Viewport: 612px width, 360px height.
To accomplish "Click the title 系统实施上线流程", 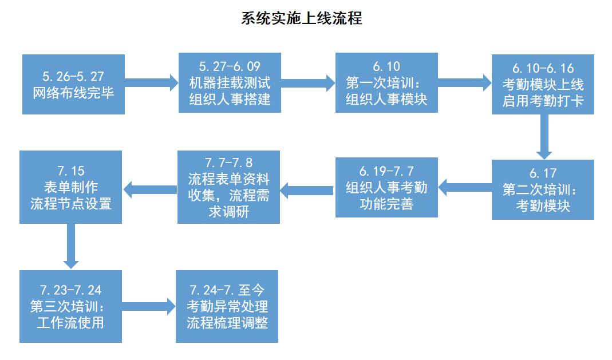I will click(302, 18).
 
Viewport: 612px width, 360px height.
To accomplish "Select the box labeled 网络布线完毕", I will click(74, 84).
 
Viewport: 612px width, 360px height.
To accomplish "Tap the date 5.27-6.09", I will click(229, 66).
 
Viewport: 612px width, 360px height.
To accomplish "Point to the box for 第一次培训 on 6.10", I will click(386, 82).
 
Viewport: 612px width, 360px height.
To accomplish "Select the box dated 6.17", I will click(543, 189).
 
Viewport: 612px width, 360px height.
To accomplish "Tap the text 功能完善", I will click(386, 204).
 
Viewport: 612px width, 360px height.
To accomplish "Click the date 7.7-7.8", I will click(228, 162).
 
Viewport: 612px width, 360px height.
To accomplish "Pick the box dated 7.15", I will click(70, 187).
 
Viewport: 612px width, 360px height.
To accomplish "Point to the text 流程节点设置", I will click(70, 204).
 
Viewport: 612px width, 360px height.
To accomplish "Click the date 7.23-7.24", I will click(70, 290).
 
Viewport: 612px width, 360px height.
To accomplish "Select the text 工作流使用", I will click(70, 322).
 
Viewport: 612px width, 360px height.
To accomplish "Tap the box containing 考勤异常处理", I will click(227, 306).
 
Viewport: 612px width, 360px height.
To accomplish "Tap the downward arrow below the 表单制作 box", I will click(70, 246).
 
